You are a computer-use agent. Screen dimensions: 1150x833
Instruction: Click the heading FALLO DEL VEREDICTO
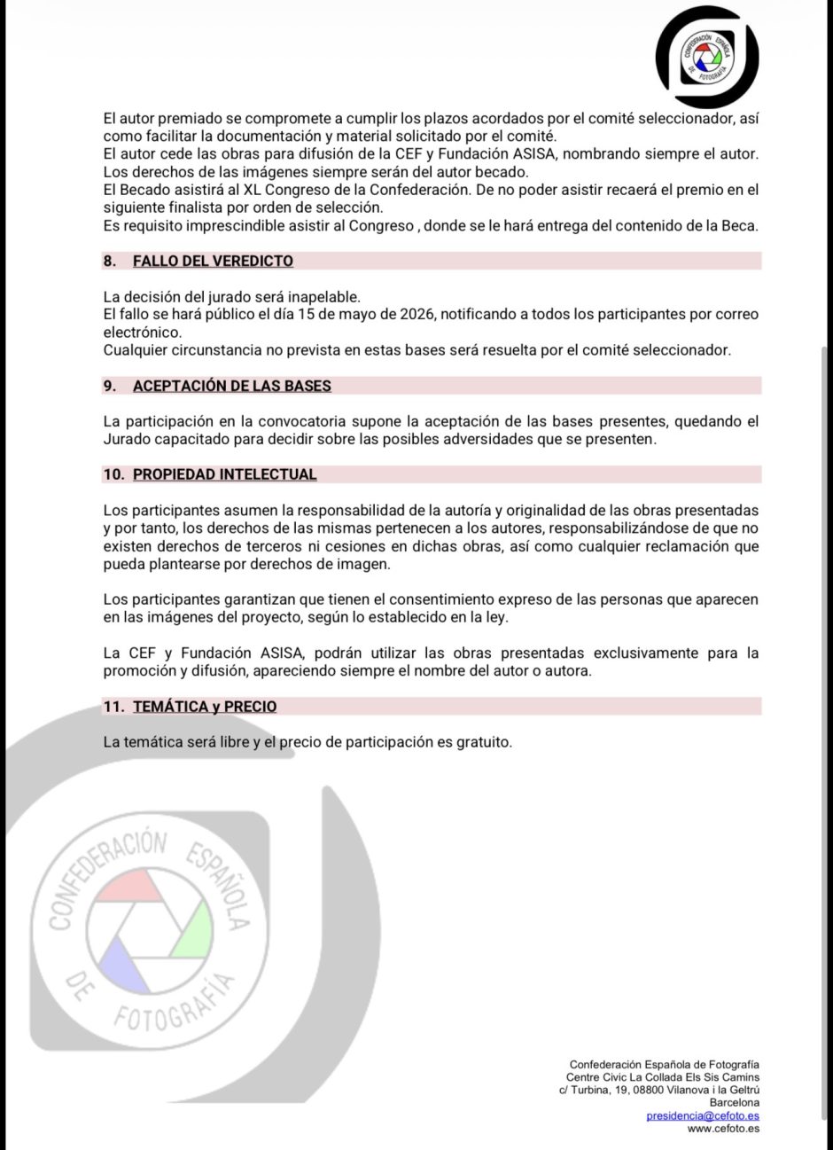(x=213, y=261)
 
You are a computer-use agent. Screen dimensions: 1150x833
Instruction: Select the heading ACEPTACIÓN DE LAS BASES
(x=232, y=386)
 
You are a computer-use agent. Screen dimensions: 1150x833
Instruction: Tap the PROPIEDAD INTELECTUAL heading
(x=224, y=474)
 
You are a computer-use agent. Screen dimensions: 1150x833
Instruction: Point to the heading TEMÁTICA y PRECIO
(x=205, y=707)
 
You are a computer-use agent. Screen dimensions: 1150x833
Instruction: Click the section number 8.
(x=110, y=261)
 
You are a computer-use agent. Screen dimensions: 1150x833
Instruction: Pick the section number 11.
(x=113, y=707)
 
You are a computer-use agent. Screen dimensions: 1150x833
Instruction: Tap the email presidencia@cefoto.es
(x=703, y=1115)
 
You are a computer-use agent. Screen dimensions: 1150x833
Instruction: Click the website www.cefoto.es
(x=723, y=1128)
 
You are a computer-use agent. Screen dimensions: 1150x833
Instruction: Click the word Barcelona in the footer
(x=735, y=1102)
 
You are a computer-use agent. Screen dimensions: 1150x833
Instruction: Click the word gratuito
(x=483, y=742)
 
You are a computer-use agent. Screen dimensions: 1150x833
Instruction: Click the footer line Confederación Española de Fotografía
(x=665, y=1064)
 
